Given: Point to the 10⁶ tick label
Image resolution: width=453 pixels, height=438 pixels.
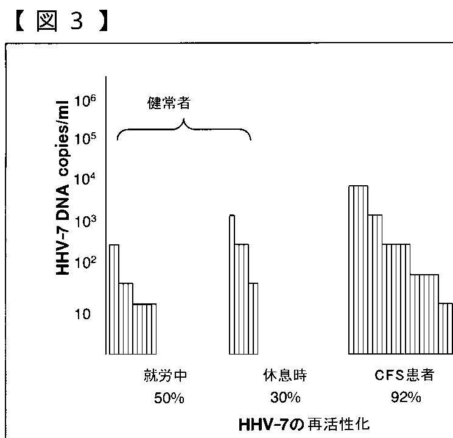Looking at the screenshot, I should click(x=83, y=101).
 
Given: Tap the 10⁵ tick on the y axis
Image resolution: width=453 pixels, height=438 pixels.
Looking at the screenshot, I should click(x=83, y=139).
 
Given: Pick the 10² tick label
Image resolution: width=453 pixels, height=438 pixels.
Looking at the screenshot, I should click(x=83, y=262).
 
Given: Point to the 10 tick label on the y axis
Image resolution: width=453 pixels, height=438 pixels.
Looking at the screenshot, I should click(x=83, y=314).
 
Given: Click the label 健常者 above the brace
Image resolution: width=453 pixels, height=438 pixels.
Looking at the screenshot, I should click(x=169, y=102).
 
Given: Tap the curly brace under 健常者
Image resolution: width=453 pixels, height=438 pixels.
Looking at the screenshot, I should click(x=183, y=130).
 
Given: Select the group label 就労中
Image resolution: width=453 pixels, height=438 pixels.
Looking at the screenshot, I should click(x=161, y=375).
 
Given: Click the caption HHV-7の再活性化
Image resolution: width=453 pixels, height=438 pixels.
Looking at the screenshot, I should click(x=304, y=423).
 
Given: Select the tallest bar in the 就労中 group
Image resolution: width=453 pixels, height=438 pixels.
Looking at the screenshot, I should click(x=113, y=298).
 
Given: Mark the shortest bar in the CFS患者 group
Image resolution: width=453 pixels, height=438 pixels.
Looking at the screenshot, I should click(x=445, y=328).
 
